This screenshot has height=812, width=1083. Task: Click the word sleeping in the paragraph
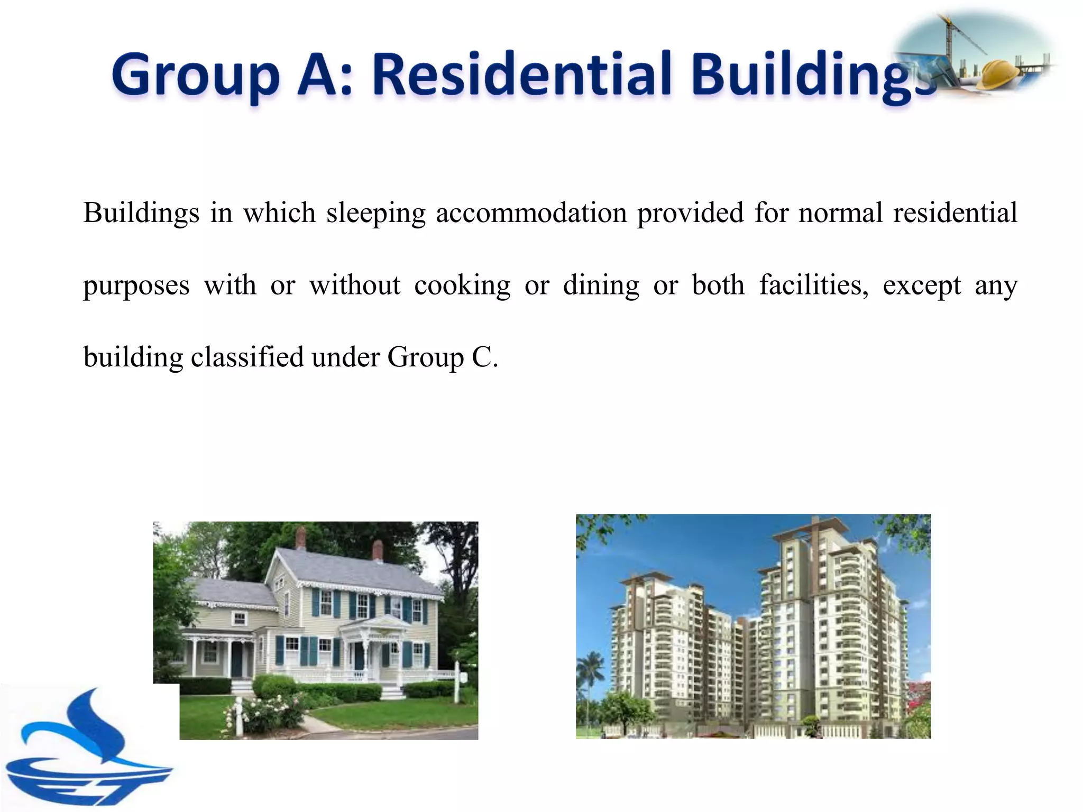[375, 214]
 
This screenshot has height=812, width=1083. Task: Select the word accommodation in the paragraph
[531, 214]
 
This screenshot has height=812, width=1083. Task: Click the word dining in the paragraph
[601, 286]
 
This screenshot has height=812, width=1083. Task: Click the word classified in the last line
[246, 357]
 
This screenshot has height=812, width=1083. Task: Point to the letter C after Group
[482, 357]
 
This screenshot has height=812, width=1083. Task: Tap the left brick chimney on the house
[300, 538]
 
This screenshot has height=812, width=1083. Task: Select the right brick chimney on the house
[378, 550]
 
